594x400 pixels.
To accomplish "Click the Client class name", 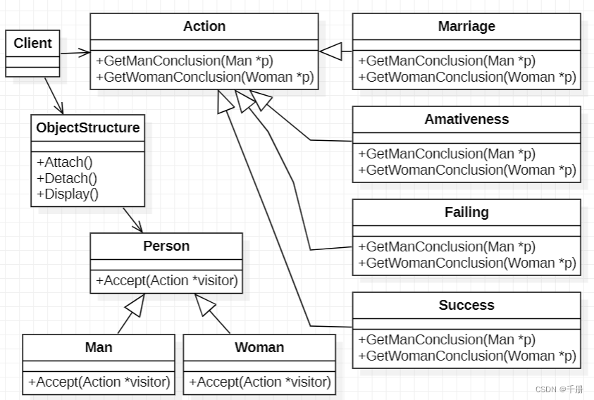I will click(32, 43).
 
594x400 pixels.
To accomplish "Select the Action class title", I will click(204, 27).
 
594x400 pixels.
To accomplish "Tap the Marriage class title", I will click(466, 27).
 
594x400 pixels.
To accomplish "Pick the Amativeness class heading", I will click(466, 119).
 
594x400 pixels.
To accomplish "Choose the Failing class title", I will click(466, 212).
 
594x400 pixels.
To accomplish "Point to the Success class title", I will click(466, 305).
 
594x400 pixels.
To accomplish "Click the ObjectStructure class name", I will click(88, 128).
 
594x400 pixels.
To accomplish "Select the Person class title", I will click(166, 246).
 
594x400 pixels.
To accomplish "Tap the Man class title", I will click(99, 347).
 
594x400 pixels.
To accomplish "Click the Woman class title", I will click(259, 347).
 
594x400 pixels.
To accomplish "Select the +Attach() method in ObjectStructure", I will click(64, 161).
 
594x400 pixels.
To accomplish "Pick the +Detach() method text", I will click(67, 178).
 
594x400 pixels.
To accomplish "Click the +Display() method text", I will click(68, 194).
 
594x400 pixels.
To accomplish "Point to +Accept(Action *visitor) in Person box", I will click(166, 280).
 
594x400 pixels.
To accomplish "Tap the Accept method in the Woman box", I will click(259, 382).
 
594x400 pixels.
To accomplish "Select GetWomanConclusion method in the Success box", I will click(466, 356).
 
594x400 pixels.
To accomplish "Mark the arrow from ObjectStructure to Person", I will click(132, 219).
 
